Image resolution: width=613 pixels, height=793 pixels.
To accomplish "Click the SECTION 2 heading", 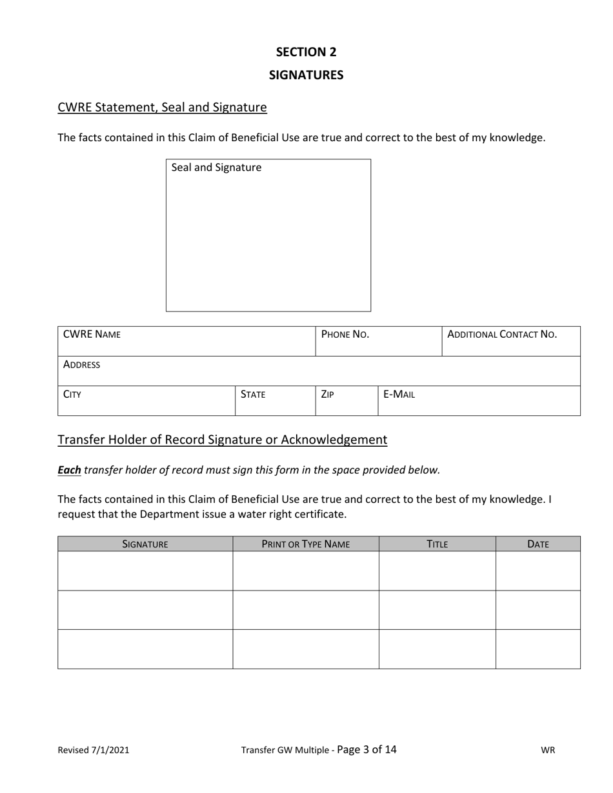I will coord(306,52).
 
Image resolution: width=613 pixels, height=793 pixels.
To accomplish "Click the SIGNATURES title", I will coord(306,75).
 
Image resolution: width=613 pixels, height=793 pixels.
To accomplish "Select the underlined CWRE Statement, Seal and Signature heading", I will coord(162,107).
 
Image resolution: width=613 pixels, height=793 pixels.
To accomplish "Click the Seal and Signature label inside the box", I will coord(216,168).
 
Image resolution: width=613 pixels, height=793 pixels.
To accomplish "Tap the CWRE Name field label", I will coord(92,335).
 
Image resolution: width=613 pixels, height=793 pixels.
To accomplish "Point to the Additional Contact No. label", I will coord(502,335).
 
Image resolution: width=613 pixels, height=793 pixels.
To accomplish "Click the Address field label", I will coord(81,365).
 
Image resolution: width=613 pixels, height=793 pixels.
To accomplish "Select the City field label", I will coord(72,395).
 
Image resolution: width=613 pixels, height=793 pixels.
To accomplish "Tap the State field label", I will coord(253,395).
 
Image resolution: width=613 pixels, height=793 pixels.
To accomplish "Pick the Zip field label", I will coord(327,395).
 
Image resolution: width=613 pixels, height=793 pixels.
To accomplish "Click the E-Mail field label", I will coord(399,395).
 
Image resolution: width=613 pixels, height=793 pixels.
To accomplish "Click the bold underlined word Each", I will coord(69,470).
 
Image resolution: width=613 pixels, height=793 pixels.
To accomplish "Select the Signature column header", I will coord(145,544).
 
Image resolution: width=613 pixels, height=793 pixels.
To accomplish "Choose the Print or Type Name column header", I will coord(306,544).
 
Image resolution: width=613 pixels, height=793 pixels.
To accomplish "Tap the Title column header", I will coord(437,544).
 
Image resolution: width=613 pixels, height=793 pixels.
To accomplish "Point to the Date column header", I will coord(538,544).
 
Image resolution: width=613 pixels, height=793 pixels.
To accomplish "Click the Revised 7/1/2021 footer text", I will coord(94,750).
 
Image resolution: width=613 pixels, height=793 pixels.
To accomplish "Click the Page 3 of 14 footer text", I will coord(367,749).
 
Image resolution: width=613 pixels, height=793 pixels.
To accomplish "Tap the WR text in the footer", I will coord(548,750).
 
